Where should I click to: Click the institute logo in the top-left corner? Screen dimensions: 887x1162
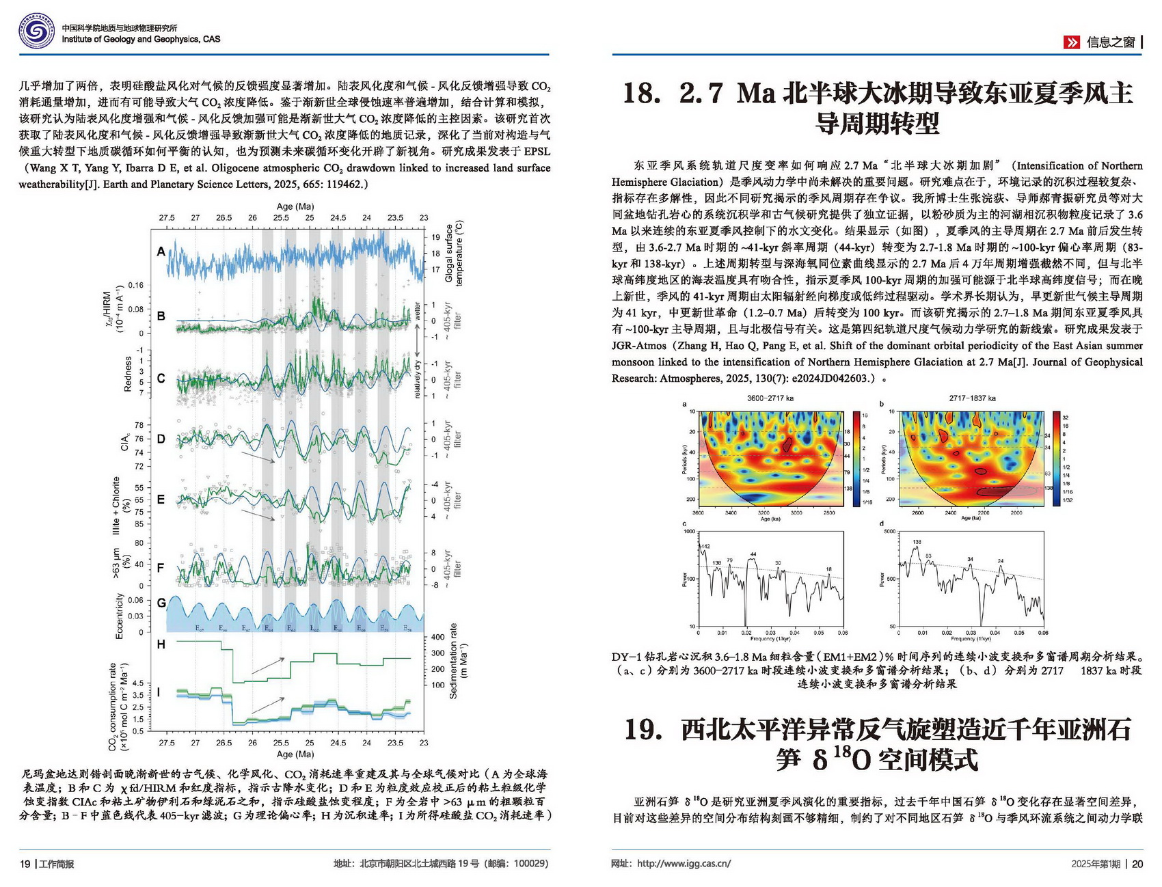(36, 32)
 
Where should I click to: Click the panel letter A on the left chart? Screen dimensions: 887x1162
(161, 251)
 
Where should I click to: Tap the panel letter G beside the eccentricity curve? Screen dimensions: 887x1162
(161, 603)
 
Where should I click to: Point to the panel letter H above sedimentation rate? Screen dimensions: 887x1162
(161, 644)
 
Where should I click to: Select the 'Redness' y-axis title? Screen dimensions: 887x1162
(128, 374)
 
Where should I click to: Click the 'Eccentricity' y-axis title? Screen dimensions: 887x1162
(120, 616)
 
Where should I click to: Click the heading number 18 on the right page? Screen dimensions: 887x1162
(641, 94)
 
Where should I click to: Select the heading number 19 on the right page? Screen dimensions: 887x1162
(643, 729)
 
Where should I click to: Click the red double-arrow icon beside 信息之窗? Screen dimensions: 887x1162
(1072, 42)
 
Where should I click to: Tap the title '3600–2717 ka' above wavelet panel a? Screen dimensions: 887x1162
(770, 398)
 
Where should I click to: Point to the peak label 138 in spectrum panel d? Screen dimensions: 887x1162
(917, 542)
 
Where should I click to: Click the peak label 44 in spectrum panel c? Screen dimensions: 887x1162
(753, 554)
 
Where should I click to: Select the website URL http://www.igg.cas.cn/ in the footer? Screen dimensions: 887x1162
(684, 864)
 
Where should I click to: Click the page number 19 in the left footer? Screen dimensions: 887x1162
(25, 864)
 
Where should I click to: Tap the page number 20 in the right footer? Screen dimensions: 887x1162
(1137, 864)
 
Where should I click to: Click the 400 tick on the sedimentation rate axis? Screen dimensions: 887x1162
(437, 638)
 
